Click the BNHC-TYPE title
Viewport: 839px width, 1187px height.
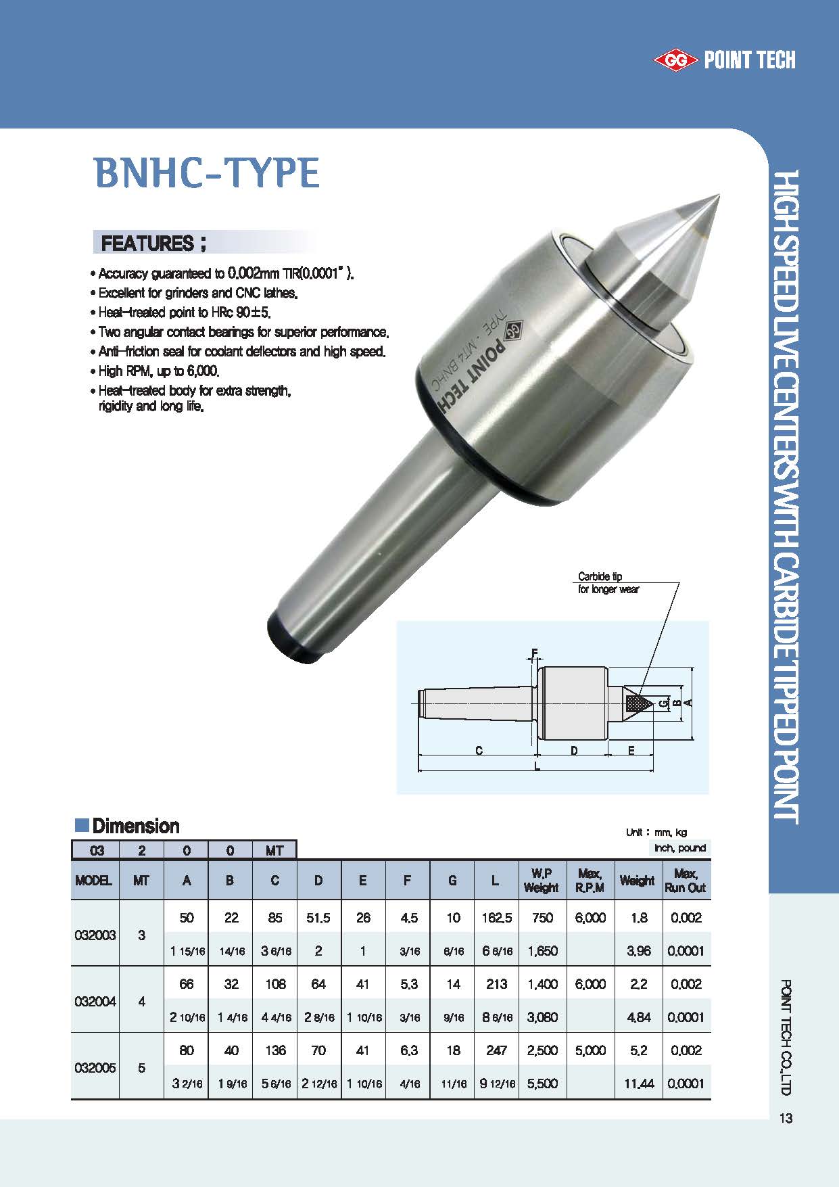tap(207, 173)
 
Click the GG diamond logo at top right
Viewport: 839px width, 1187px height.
tap(675, 61)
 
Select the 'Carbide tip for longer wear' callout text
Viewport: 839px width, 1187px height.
tap(608, 583)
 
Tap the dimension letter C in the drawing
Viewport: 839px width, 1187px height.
tap(479, 750)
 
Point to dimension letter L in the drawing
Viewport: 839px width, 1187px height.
tap(537, 766)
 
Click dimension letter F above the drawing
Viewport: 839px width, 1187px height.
tap(534, 653)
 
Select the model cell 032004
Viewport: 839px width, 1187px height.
tap(95, 1001)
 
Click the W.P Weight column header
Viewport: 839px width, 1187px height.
tap(542, 881)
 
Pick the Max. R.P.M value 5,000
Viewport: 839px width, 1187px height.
tap(590, 1050)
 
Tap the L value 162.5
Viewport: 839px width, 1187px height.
tap(496, 918)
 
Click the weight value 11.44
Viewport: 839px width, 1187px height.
tap(638, 1084)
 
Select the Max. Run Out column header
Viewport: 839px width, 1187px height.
tap(685, 881)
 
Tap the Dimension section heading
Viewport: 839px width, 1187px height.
tap(135, 826)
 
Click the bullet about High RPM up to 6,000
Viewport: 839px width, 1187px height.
tap(159, 371)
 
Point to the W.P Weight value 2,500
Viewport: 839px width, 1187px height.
tap(542, 1050)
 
